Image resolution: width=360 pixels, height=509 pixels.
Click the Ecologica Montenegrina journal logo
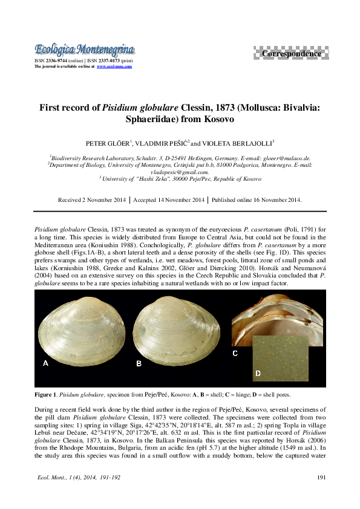(84, 49)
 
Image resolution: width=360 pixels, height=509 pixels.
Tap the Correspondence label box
(291, 54)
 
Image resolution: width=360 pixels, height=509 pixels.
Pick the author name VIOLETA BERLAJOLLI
(239, 144)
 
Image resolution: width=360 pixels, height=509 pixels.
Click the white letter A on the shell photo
(45, 363)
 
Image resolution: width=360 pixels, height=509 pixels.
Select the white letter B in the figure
(139, 363)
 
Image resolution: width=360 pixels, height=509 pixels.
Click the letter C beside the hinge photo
(235, 352)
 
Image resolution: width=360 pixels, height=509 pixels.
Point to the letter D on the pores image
(258, 374)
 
